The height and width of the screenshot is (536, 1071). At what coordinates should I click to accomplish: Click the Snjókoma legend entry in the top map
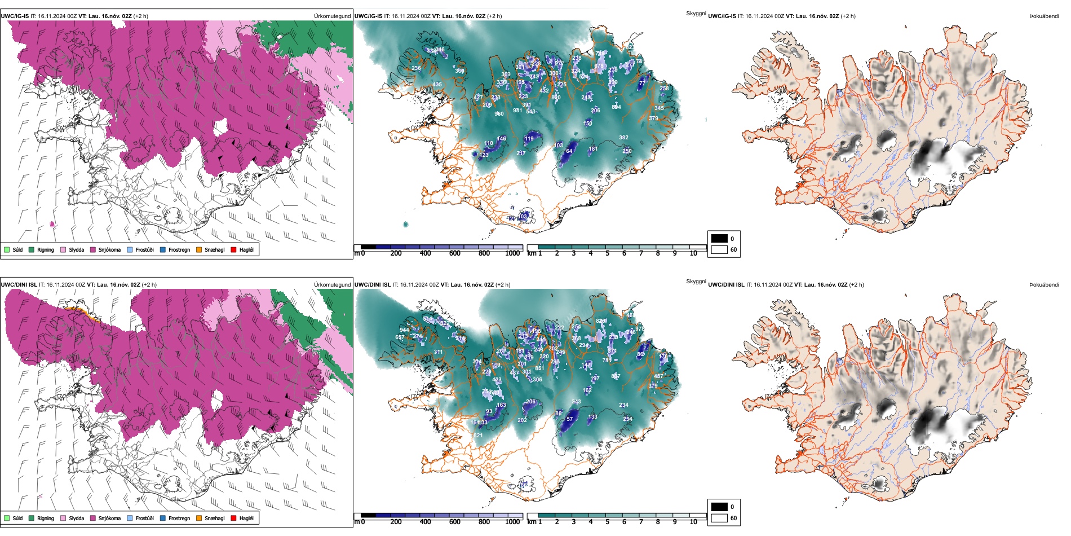click(x=109, y=249)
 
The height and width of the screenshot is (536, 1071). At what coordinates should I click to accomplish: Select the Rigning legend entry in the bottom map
click(x=45, y=518)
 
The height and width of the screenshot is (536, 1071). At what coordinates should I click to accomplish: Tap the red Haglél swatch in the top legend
click(x=233, y=249)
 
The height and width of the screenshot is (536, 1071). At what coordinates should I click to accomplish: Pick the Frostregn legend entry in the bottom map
click(x=179, y=518)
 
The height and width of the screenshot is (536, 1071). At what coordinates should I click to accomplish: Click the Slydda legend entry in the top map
click(x=76, y=249)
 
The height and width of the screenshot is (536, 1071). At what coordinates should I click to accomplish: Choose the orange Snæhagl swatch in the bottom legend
click(x=199, y=518)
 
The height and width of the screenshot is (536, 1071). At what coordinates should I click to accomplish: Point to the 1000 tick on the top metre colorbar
click(x=512, y=253)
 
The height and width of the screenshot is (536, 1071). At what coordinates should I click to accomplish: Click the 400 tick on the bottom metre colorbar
click(x=426, y=522)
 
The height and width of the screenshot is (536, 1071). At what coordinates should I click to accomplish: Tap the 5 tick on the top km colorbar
click(x=607, y=253)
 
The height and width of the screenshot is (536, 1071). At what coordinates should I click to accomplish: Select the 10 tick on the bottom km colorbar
click(x=693, y=522)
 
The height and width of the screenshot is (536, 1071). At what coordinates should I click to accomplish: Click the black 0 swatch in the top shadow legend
click(x=719, y=238)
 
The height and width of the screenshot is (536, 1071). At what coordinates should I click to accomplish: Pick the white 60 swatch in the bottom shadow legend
click(x=719, y=518)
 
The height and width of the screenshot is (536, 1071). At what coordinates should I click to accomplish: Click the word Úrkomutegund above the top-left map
click(x=332, y=16)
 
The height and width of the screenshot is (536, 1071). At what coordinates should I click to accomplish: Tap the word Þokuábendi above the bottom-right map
click(x=1044, y=285)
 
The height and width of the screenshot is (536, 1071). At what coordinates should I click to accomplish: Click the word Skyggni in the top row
click(x=696, y=14)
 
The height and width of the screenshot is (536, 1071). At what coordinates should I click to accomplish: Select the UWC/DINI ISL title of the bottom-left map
click(x=19, y=285)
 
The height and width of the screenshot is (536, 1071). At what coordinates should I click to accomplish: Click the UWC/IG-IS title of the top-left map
click(x=15, y=16)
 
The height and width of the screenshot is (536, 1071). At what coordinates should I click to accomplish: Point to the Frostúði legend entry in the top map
click(x=144, y=249)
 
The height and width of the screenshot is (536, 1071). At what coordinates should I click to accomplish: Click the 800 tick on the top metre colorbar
click(x=484, y=253)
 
